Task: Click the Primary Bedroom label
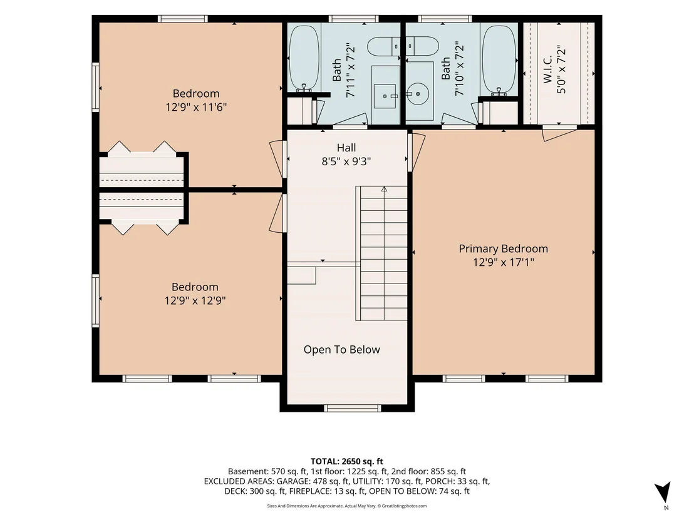(503, 248)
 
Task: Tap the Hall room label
(346, 148)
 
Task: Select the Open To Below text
(342, 350)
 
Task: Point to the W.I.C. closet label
(547, 69)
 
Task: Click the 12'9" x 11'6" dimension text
(196, 107)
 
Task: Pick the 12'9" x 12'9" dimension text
(195, 301)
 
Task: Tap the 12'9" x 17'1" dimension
(503, 262)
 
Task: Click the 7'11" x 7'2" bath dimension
(351, 70)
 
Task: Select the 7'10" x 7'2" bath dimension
(459, 70)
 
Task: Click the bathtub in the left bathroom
(304, 58)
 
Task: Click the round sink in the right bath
(417, 94)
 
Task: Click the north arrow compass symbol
(663, 492)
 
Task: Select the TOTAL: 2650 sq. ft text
(346, 462)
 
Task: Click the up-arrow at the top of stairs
(384, 189)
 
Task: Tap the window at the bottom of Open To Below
(352, 408)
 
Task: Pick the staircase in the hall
(381, 253)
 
